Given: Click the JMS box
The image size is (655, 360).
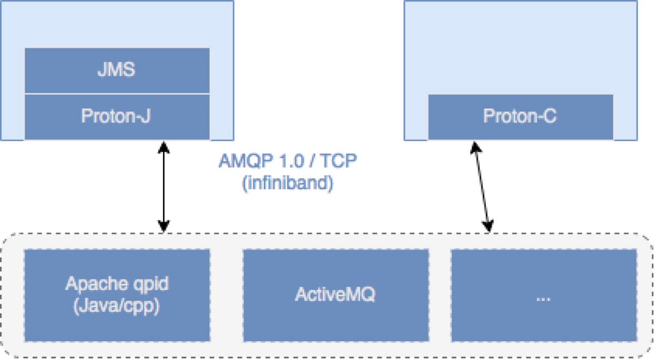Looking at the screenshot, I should [117, 71].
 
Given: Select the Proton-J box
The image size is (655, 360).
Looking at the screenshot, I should [117, 116].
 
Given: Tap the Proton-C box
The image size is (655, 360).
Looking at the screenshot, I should [520, 117].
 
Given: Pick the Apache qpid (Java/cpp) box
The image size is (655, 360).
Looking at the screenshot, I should [117, 295].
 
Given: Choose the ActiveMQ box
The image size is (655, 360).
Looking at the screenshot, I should [335, 295].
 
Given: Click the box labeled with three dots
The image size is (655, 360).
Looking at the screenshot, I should [544, 295].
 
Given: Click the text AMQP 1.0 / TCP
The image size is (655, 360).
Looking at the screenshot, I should [287, 162].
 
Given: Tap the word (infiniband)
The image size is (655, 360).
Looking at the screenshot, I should [287, 183].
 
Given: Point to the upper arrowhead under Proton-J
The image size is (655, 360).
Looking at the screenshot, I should [163, 146].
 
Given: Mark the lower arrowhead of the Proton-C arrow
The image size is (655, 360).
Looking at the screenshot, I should [489, 226].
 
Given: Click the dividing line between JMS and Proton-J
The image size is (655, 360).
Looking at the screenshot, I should [117, 93].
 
